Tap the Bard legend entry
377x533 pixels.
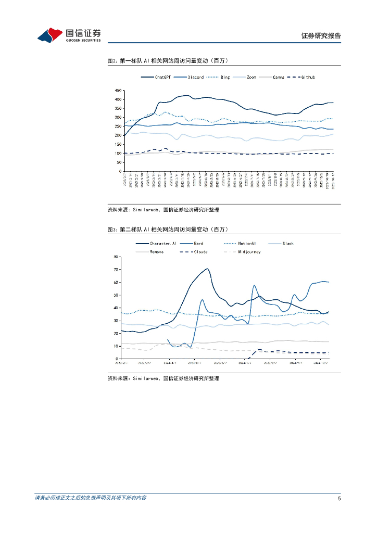pos(198,243)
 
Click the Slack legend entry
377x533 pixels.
pos(288,243)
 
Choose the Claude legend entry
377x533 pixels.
pos(200,252)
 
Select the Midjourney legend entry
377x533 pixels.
pos(249,252)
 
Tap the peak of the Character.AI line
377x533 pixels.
pos(207,269)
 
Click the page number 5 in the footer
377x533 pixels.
pos(339,498)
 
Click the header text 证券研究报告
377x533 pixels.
pos(321,36)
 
